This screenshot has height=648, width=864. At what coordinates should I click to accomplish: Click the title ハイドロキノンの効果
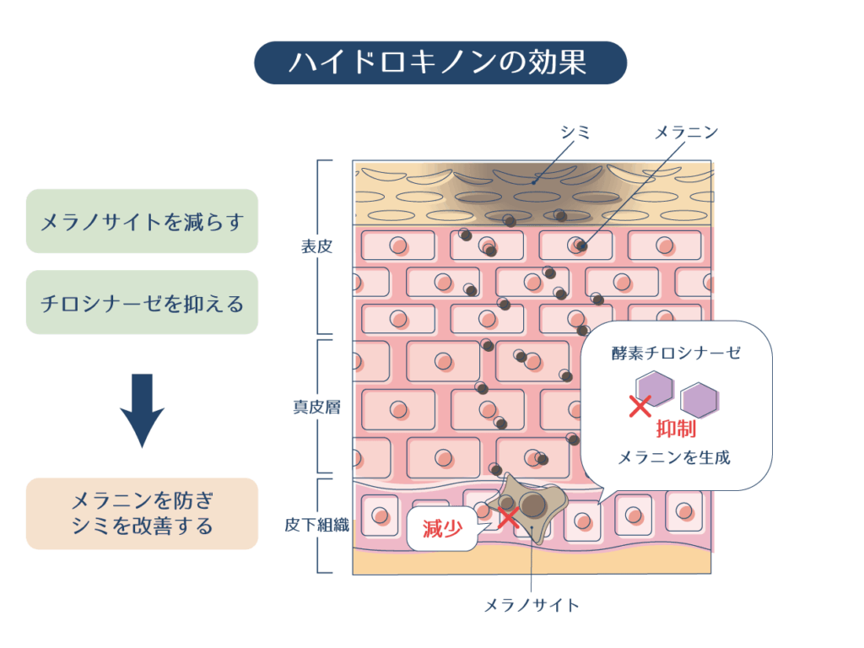(x=440, y=62)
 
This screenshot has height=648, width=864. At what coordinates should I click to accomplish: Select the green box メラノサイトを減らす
(x=142, y=222)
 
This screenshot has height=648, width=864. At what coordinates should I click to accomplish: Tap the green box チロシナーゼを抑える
(x=142, y=302)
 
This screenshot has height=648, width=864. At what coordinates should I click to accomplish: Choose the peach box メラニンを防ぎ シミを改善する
(x=142, y=513)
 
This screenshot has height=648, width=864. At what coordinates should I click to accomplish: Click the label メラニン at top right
(x=687, y=132)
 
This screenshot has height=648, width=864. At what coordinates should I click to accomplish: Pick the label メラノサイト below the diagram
(x=532, y=605)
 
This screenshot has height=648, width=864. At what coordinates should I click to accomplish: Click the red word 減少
(x=442, y=529)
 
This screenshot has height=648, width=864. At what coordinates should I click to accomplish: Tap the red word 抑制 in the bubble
(x=675, y=428)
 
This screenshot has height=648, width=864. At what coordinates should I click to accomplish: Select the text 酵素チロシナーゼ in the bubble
(x=676, y=353)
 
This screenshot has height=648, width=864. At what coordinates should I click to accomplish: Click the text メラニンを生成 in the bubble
(x=674, y=458)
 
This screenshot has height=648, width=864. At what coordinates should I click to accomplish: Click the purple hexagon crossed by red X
(x=655, y=391)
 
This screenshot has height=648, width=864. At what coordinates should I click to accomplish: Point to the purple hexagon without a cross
(x=700, y=397)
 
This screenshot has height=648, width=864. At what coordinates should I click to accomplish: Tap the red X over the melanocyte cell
(x=508, y=516)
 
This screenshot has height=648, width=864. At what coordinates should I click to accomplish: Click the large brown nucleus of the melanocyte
(x=532, y=505)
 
